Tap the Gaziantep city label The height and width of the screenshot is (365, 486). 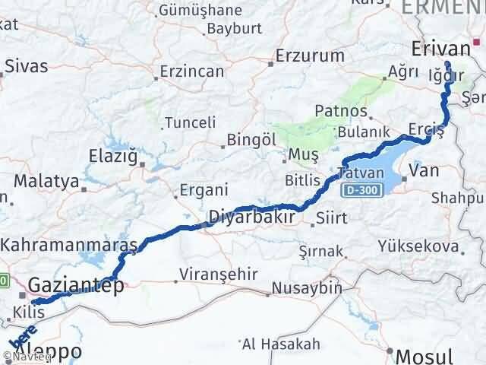[x=77, y=285]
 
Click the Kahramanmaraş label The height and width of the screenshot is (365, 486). [x=69, y=245]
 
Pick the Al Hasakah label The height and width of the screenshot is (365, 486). [x=282, y=344]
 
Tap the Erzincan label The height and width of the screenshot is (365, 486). [x=193, y=71]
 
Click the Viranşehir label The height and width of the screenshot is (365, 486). [x=213, y=274]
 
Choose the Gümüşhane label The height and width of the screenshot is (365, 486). [x=200, y=11]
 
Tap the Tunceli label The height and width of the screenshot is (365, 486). [x=191, y=122]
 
